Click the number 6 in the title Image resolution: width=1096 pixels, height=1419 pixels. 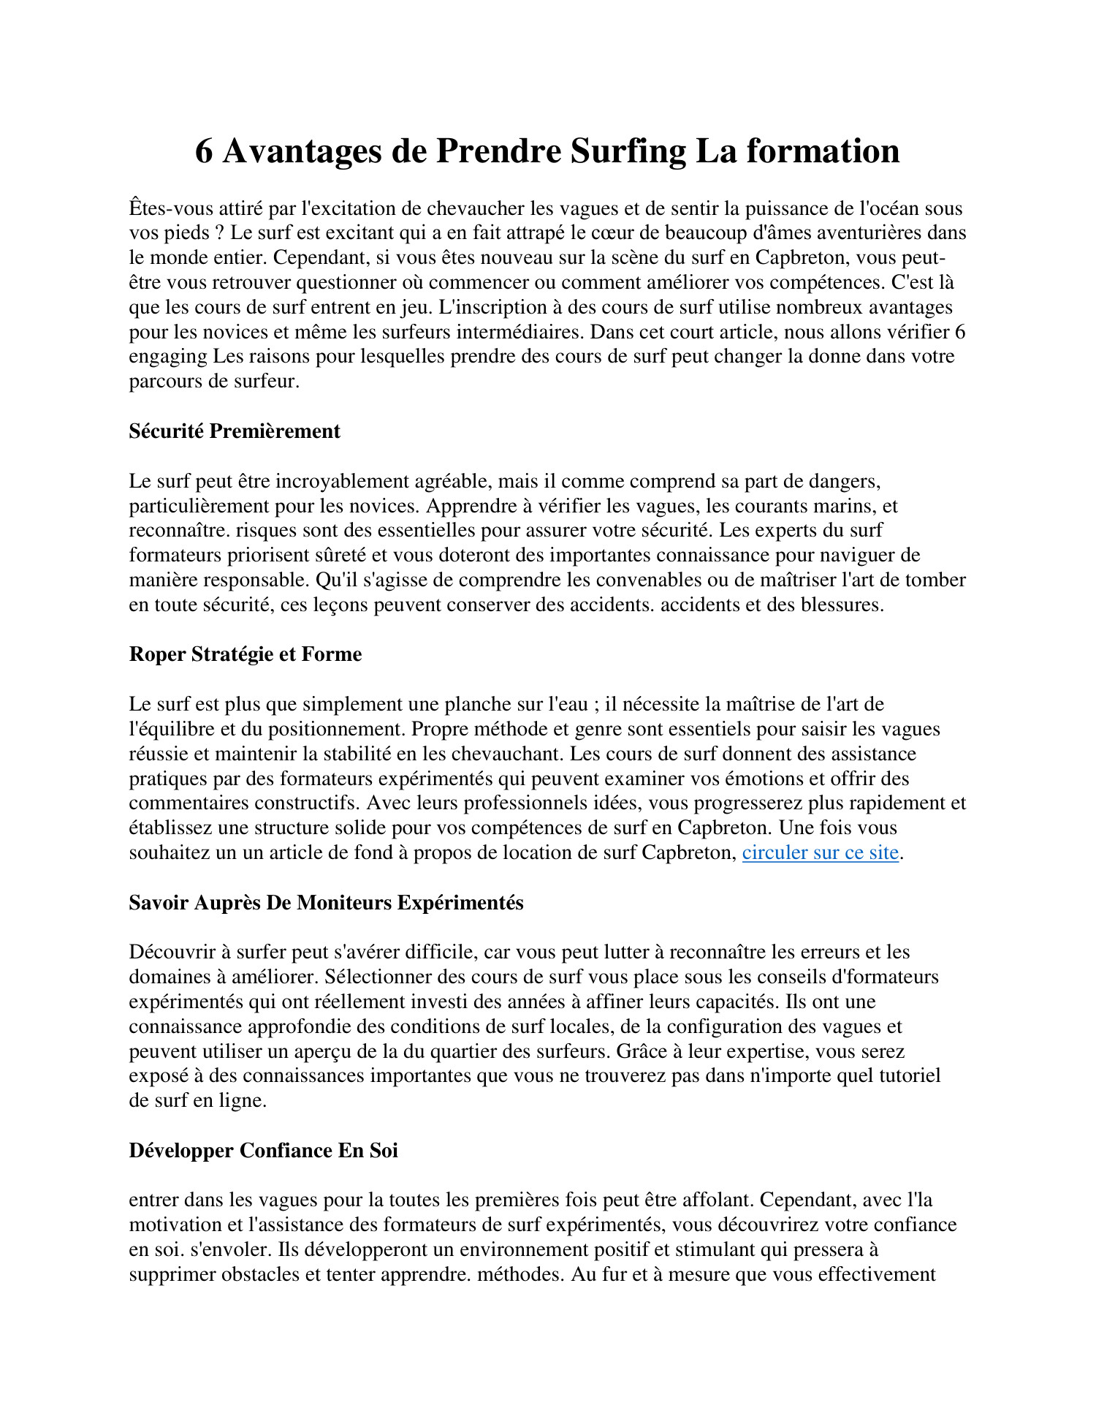pyautogui.click(x=204, y=151)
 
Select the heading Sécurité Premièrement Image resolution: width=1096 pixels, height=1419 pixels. pyautogui.click(x=235, y=431)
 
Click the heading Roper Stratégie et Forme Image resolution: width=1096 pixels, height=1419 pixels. pyautogui.click(x=246, y=654)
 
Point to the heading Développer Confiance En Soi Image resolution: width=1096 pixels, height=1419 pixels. pyautogui.click(x=263, y=1150)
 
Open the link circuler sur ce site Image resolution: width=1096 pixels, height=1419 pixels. pyautogui.click(x=820, y=852)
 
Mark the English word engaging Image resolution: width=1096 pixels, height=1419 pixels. pyautogui.click(x=168, y=357)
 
